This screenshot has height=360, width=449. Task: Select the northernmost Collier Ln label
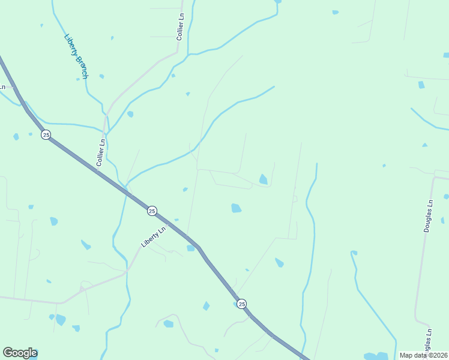pyautogui.click(x=179, y=26)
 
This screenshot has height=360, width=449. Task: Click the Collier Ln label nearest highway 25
pyautogui.click(x=101, y=152)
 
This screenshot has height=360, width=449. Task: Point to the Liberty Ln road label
pyautogui.click(x=153, y=236)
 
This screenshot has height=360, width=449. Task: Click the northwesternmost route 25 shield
pyautogui.click(x=46, y=134)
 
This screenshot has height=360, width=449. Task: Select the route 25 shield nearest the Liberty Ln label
pyautogui.click(x=152, y=211)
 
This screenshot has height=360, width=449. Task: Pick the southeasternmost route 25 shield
pyautogui.click(x=241, y=304)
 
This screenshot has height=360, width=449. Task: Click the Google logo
pyautogui.click(x=20, y=353)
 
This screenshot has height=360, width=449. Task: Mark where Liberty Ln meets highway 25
pyautogui.click(x=170, y=224)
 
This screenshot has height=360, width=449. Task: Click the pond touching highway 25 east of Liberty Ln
pyautogui.click(x=191, y=248)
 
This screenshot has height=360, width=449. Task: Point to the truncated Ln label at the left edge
pyautogui.click(x=2, y=87)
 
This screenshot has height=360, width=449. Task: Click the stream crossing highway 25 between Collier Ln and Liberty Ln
pyautogui.click(x=125, y=190)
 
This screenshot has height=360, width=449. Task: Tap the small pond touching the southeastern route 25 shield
pyautogui.click(x=235, y=304)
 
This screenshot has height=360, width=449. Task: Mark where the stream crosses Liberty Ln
pyautogui.click(x=127, y=271)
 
